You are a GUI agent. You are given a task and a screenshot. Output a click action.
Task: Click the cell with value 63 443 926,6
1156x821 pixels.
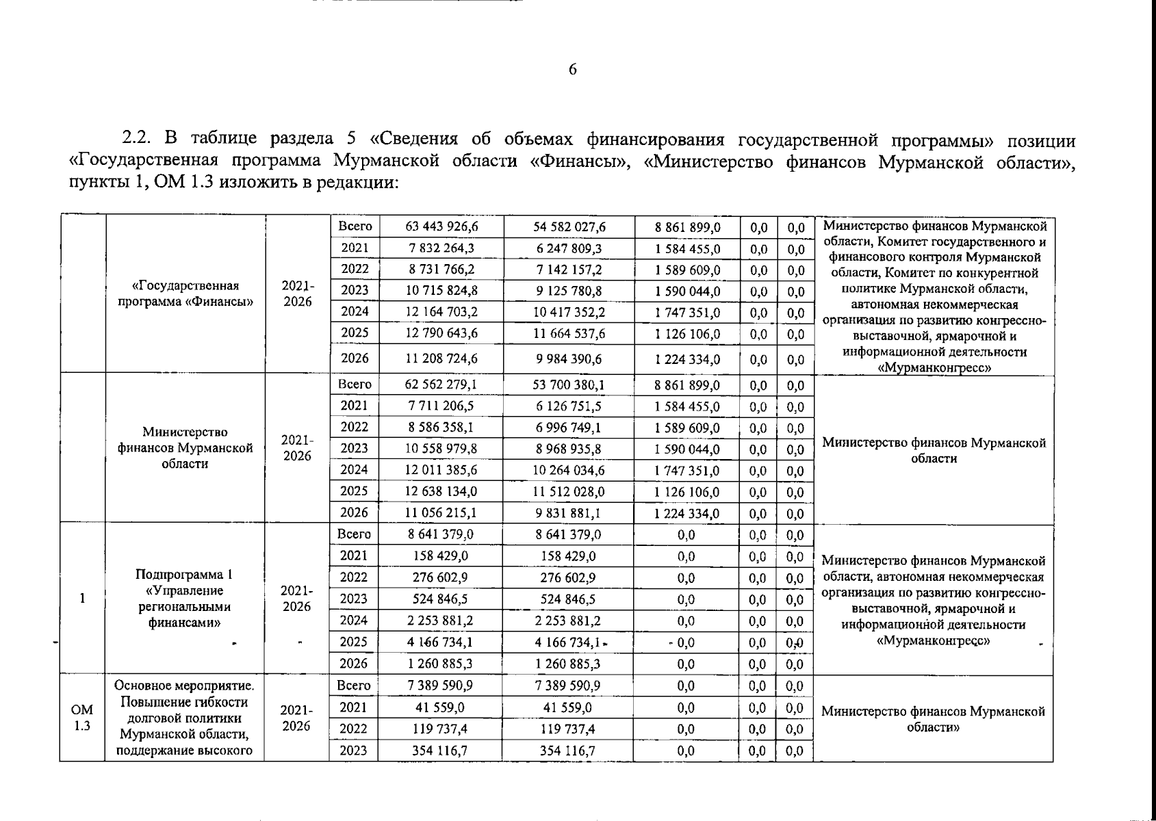point(441,227)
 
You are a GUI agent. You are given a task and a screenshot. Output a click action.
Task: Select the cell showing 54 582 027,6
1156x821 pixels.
point(569,227)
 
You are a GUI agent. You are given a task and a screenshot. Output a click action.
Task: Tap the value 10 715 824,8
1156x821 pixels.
point(441,291)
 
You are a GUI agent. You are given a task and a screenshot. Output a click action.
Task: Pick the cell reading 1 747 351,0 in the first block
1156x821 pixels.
point(687,313)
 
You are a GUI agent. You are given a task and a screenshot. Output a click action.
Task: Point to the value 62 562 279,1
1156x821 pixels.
point(441,385)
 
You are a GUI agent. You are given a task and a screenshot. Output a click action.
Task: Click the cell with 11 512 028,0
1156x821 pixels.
point(569,492)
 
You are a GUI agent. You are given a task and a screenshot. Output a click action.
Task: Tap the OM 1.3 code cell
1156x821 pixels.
point(82,718)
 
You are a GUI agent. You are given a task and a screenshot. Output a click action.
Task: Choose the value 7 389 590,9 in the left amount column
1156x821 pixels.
point(441,686)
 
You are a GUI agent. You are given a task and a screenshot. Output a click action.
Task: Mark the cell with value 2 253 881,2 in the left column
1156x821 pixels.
point(441,621)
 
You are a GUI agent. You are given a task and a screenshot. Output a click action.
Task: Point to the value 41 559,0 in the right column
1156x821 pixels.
point(569,708)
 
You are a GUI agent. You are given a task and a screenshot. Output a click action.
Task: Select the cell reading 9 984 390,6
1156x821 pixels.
point(569,359)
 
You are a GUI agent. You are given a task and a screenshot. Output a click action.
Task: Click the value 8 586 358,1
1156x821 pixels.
point(441,428)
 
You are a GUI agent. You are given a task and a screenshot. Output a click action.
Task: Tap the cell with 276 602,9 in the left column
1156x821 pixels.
point(441,578)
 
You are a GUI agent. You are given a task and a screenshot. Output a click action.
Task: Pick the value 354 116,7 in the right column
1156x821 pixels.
point(569,751)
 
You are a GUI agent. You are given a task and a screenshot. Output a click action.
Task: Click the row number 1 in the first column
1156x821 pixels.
point(82,599)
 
